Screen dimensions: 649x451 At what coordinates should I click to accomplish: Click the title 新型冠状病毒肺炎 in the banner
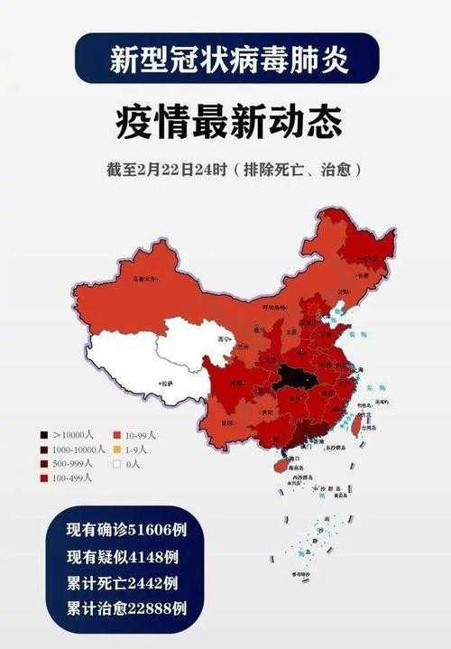(225, 59)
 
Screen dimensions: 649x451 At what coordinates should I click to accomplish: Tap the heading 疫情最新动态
(225, 121)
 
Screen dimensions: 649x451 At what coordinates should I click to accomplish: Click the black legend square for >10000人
(44, 437)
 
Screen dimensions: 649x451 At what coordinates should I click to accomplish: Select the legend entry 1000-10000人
(69, 450)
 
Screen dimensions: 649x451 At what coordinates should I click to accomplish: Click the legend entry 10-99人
(140, 437)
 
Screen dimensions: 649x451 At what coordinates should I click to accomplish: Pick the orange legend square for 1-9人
(118, 450)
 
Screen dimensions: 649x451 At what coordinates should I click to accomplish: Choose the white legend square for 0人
(118, 464)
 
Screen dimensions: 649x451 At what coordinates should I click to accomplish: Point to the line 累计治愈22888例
(125, 607)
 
